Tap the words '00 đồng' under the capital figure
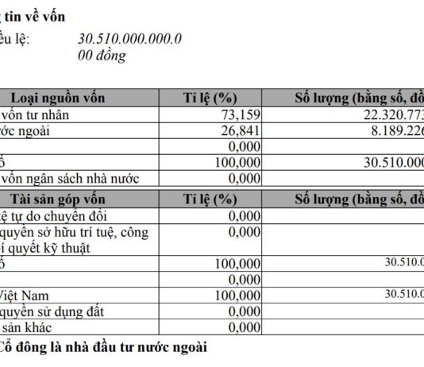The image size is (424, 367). [x=102, y=56]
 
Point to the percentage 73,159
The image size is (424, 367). [x=239, y=115]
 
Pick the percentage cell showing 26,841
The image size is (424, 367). [x=239, y=131]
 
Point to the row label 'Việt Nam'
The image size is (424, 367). [x=23, y=294]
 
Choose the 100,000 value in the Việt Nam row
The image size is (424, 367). [x=237, y=294]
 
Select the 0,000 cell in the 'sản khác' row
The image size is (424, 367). [x=244, y=326]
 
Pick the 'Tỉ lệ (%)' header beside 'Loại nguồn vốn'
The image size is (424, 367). [x=210, y=99]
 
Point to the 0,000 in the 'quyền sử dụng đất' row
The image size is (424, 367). [x=244, y=311]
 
